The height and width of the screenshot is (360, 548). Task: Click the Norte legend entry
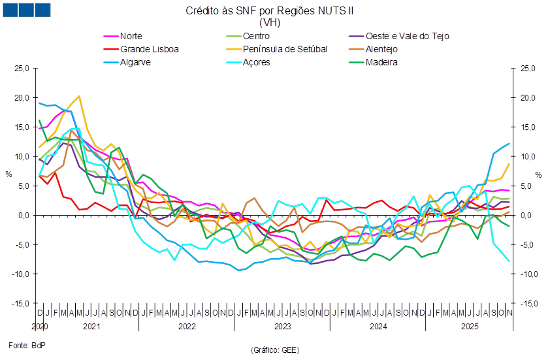131,36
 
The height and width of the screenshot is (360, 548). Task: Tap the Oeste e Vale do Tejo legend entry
407,36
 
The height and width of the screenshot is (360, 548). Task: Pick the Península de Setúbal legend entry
284,49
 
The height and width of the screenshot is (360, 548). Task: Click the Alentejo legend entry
382,49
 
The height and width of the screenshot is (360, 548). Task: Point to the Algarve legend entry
135,62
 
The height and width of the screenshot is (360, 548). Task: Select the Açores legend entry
255,62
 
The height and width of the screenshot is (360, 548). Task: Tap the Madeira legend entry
382,62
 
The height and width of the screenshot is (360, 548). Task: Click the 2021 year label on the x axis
91,325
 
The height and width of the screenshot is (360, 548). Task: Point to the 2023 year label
282,325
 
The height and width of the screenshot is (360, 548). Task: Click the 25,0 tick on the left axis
22,68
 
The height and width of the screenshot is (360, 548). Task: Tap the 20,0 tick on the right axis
528,97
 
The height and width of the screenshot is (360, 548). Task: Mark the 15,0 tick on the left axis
22,127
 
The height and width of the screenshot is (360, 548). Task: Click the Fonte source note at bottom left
22,343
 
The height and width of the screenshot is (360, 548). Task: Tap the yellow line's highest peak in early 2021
79,96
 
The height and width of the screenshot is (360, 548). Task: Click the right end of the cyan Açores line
509,261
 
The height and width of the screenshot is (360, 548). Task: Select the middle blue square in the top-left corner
26,10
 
